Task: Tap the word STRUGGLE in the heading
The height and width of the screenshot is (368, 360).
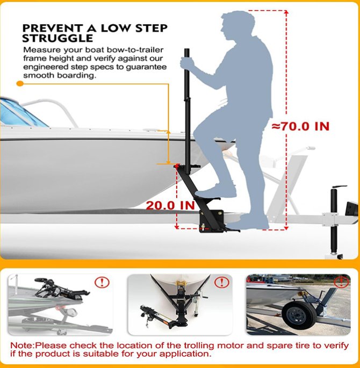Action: pos(57,39)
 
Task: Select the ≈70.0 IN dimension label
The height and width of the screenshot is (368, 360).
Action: pos(300,126)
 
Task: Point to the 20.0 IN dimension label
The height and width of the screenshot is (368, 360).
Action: pos(170,205)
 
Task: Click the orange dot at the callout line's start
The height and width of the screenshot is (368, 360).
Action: pos(20,83)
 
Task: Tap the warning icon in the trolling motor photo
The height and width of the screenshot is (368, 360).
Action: pos(102,282)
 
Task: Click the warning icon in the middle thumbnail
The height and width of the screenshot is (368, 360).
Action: pos(221,282)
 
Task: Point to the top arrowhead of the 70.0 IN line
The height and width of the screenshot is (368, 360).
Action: pos(286,12)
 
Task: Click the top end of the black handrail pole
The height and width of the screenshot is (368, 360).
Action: pos(186,49)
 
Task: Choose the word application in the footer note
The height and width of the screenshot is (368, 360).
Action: pos(184,354)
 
